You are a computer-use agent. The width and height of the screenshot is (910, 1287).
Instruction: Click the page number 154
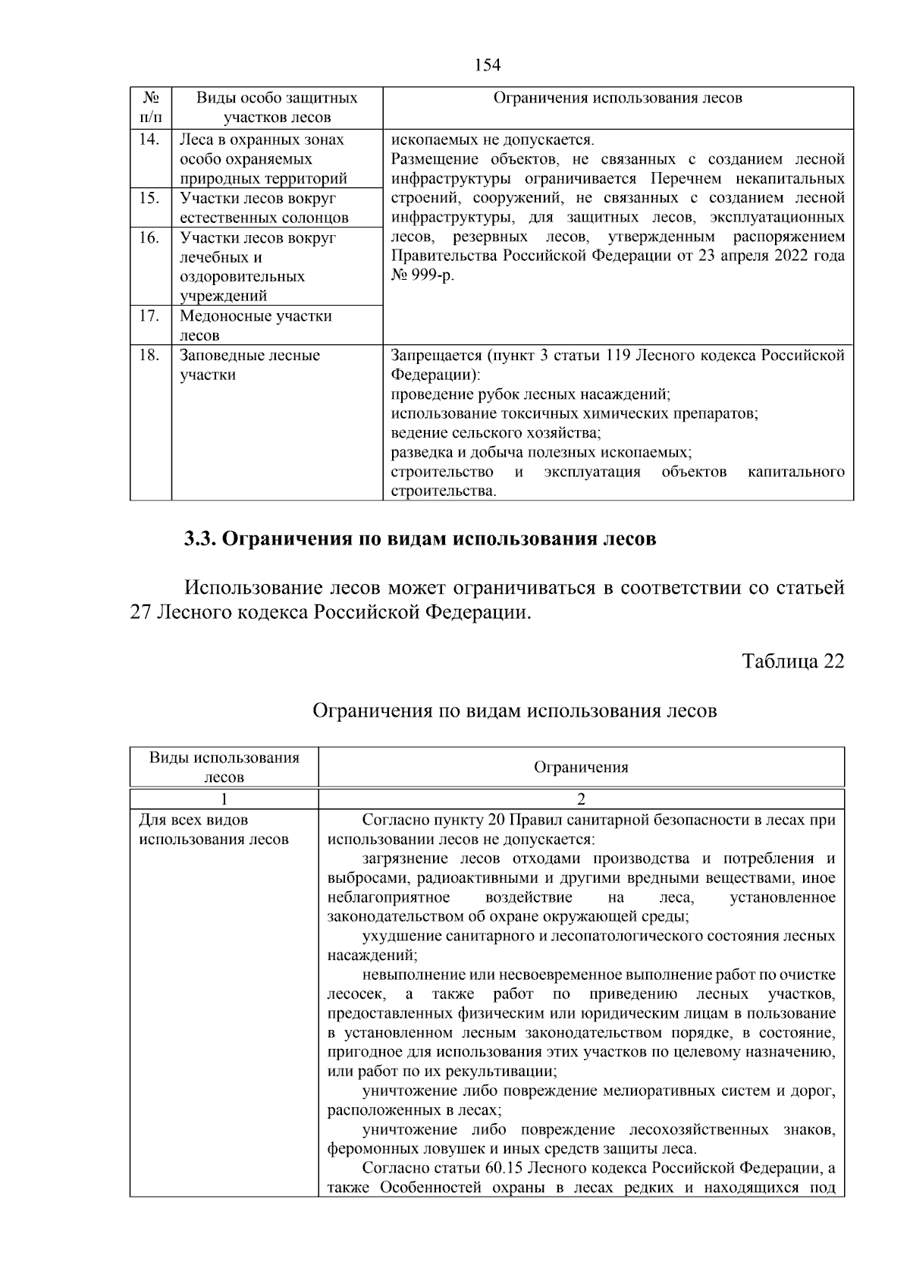[488, 65]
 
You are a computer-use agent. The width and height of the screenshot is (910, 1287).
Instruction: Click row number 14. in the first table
[149, 140]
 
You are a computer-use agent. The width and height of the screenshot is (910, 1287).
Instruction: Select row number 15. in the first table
[149, 198]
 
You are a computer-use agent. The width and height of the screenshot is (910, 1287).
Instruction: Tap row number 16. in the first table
[149, 237]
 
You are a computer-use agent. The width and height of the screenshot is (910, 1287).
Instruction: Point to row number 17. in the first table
[149, 315]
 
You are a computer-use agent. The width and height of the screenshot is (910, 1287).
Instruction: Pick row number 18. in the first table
[149, 355]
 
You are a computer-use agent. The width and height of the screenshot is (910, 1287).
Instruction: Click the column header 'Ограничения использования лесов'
[617, 98]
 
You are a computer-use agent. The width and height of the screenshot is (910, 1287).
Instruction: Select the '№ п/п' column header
[150, 108]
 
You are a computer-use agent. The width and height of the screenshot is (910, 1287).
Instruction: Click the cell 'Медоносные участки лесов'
[256, 325]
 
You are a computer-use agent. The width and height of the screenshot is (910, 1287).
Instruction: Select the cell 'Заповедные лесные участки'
[249, 365]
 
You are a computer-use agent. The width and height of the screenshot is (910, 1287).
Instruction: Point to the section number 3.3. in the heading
[201, 539]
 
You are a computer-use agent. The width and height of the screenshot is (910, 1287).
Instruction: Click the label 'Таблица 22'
[793, 661]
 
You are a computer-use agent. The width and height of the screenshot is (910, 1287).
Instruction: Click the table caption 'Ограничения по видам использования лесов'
[514, 711]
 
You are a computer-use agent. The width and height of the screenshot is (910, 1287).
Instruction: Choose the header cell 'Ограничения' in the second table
[581, 767]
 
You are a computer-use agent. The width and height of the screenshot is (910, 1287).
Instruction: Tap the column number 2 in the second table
[581, 799]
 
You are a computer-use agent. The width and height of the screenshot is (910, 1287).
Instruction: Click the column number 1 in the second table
[224, 799]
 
